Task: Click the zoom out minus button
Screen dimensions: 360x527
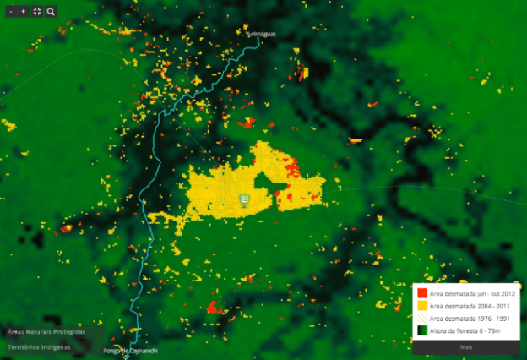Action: point(10,12)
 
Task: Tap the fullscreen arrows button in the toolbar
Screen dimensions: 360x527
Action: point(37,12)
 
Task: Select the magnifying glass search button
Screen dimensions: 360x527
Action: point(51,12)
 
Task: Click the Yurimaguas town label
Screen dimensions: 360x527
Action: point(261,35)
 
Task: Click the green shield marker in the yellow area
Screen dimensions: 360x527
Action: point(244,199)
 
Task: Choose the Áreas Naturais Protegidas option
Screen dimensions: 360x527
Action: point(46,332)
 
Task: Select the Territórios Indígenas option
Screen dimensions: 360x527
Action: point(41,346)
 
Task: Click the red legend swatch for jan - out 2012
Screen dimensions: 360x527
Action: point(421,292)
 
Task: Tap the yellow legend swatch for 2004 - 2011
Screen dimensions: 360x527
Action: point(421,305)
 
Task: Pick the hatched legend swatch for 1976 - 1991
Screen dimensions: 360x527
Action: point(421,318)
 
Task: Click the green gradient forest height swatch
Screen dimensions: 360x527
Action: point(421,330)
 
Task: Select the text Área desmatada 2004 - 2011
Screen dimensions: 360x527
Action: point(467,305)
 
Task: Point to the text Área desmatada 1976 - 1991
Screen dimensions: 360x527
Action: point(467,318)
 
